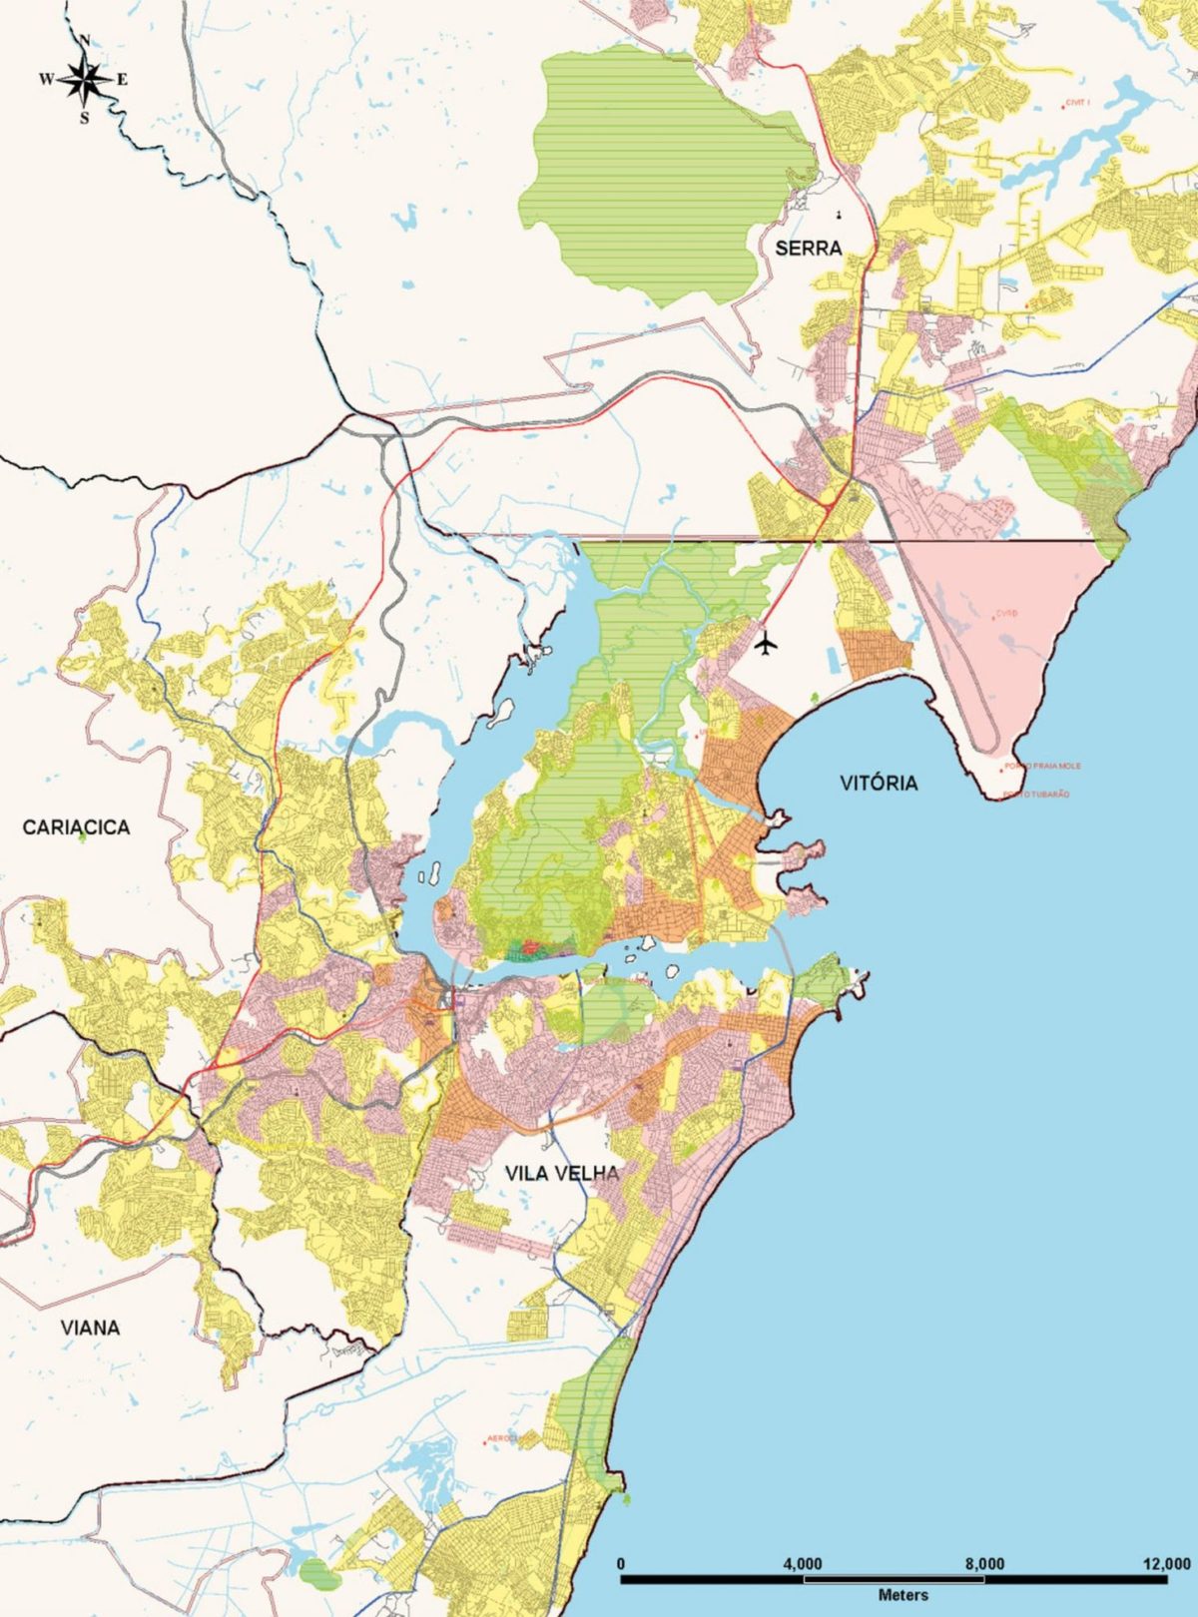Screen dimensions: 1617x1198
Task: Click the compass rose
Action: point(86,79)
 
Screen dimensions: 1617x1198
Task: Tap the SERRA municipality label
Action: point(809,249)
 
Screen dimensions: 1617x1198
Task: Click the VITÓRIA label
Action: point(878,783)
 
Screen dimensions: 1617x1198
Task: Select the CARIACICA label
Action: point(76,827)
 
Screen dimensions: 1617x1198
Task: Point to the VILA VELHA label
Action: point(561,1174)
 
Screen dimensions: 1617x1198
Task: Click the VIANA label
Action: point(90,1328)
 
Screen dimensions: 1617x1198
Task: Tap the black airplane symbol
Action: point(767,644)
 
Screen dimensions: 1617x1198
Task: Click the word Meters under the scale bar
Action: point(902,1595)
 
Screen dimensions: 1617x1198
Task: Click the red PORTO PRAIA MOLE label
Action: point(1042,767)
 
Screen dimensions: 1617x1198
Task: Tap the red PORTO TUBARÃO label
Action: point(1035,795)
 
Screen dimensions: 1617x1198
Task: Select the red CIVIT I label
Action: point(1076,102)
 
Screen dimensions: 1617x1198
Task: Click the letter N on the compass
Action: point(86,41)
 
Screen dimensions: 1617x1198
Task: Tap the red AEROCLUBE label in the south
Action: point(504,1438)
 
